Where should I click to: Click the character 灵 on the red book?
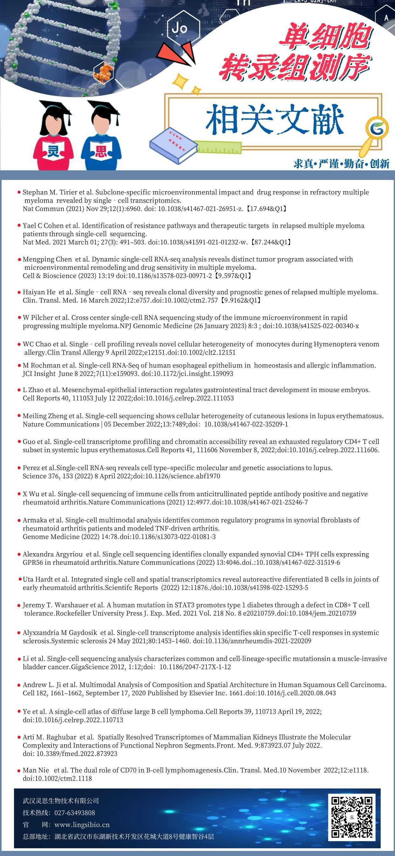click(53, 151)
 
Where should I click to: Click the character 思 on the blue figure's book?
click(101, 152)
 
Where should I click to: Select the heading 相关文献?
click(274, 120)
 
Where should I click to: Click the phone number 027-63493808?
click(75, 813)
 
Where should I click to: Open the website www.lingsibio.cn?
click(82, 825)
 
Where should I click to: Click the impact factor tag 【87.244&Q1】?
click(272, 242)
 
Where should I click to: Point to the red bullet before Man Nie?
click(19, 770)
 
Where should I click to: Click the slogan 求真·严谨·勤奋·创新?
click(341, 163)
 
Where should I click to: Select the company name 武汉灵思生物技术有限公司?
click(61, 801)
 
